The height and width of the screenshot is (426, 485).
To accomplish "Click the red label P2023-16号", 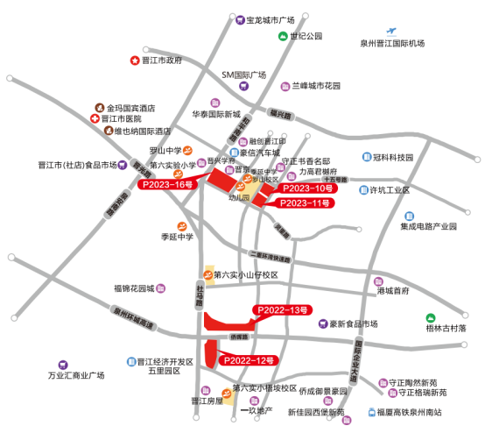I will pyautogui.click(x=167, y=186).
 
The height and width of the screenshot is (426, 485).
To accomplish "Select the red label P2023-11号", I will pyautogui.click(x=304, y=203).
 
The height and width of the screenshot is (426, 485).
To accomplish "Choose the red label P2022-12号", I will pyautogui.click(x=249, y=360).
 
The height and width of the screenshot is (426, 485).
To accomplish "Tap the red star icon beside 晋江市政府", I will pyautogui.click(x=135, y=60).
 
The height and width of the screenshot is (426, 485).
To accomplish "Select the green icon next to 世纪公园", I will pyautogui.click(x=283, y=36).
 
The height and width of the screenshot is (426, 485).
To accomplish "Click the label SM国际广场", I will pyautogui.click(x=243, y=75).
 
